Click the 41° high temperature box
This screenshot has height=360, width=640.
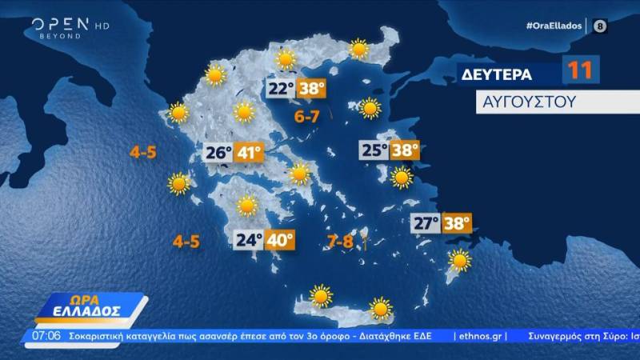(x=248, y=152)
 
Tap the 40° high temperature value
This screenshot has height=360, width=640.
(x=280, y=239)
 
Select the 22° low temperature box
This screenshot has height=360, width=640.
(x=281, y=89)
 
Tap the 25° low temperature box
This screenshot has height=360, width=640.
(x=373, y=150)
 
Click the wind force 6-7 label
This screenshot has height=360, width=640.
(x=307, y=118)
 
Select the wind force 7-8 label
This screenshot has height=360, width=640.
(x=340, y=240)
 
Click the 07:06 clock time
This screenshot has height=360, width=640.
(x=47, y=335)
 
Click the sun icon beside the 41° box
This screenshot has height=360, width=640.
(x=299, y=173)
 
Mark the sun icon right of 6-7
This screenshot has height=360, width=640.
(x=369, y=107)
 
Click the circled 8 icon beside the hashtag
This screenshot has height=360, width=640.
(x=600, y=26)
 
